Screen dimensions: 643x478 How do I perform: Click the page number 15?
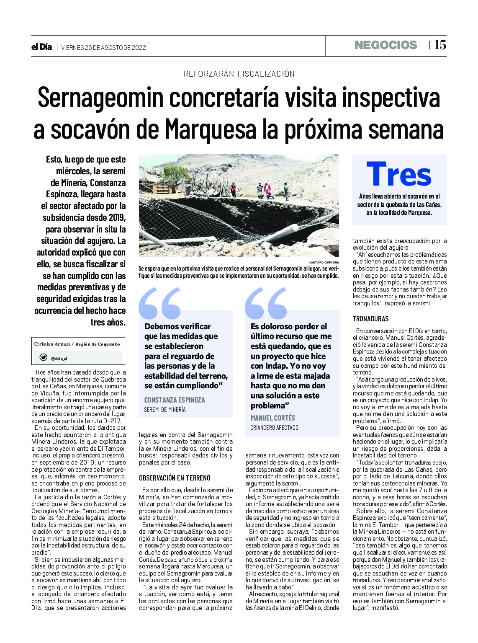coord(440,45)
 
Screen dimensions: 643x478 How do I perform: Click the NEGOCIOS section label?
coord(385,45)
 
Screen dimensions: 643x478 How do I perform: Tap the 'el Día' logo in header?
coord(41,47)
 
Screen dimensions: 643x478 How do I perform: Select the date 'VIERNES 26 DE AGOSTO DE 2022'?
coord(103,47)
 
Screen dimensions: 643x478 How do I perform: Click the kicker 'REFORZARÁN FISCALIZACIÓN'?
coord(239,74)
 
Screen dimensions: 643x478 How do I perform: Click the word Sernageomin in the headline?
coord(100,98)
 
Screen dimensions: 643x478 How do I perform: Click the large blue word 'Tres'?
coord(398,175)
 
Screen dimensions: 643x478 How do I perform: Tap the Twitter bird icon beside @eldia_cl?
coord(43,357)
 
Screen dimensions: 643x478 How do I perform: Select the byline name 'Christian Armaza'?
coord(52,344)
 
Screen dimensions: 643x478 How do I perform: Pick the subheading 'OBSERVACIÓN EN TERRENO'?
coord(175,478)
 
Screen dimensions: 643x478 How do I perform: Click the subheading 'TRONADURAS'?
coord(370,319)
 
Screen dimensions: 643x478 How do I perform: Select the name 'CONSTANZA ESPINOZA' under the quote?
coord(175,400)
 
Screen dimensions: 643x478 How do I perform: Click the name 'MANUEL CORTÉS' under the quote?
coord(273,418)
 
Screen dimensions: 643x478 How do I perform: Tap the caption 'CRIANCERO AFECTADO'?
coord(274,428)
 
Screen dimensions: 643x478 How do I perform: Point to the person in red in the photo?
coord(267,189)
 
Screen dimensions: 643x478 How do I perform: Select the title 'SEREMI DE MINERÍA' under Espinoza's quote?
coord(165,410)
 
